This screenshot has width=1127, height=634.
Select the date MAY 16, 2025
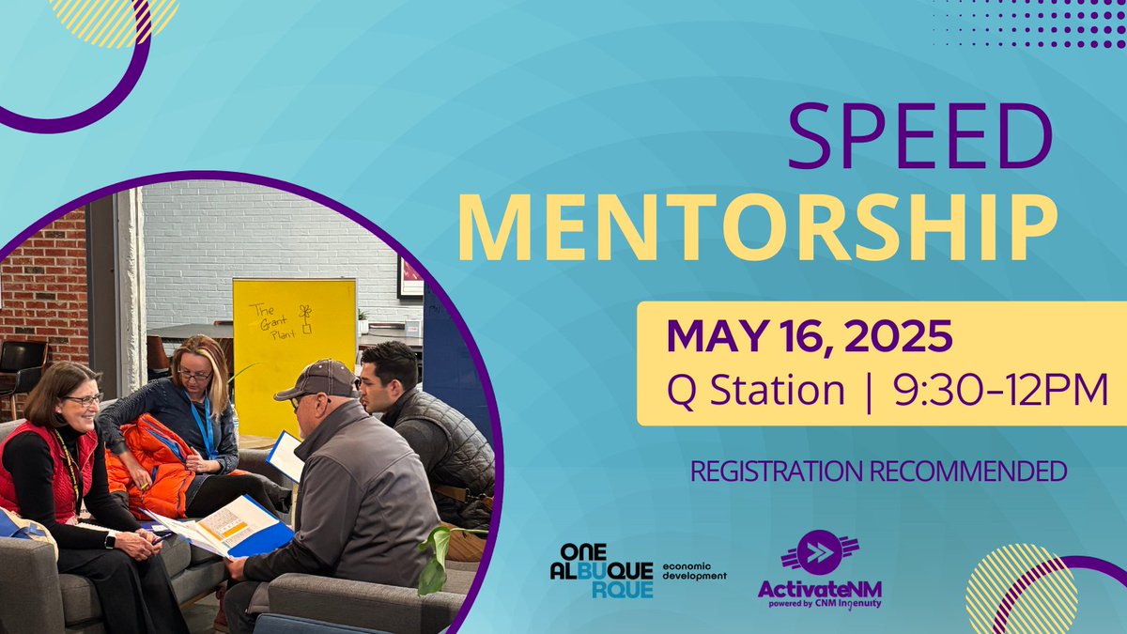click(810, 338)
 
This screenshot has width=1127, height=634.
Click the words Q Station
click(755, 390)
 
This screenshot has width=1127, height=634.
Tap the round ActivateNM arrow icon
click(820, 553)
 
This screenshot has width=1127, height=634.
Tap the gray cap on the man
click(318, 379)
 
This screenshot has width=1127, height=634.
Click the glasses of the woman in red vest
click(85, 400)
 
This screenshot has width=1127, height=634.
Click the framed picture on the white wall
click(410, 276)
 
